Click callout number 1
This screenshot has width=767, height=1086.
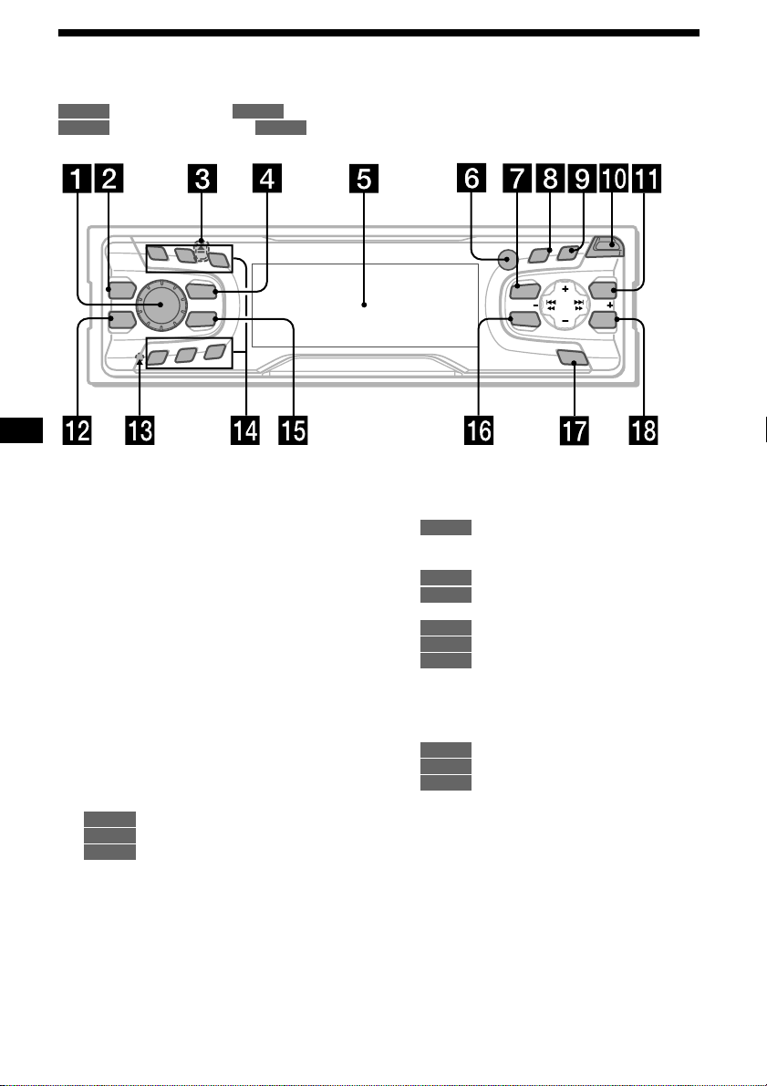[77, 179]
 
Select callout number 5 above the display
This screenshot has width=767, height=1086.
[364, 179]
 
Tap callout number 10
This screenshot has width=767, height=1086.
[614, 179]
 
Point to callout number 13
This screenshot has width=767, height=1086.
[140, 430]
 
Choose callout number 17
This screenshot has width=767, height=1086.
[574, 430]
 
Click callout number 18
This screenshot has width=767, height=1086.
[642, 430]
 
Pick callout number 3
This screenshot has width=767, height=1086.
[202, 179]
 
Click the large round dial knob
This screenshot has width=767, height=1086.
[161, 305]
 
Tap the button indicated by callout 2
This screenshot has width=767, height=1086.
[119, 289]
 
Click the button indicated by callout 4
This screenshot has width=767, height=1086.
[202, 292]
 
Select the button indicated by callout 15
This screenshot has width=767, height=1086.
[202, 319]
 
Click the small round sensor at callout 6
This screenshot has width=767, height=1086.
[507, 260]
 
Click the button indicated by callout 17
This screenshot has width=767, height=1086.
[573, 357]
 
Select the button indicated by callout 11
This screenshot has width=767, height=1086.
[603, 289]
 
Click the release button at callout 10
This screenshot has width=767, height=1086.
[605, 246]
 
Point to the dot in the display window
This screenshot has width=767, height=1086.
[364, 305]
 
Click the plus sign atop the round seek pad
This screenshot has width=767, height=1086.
[565, 288]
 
